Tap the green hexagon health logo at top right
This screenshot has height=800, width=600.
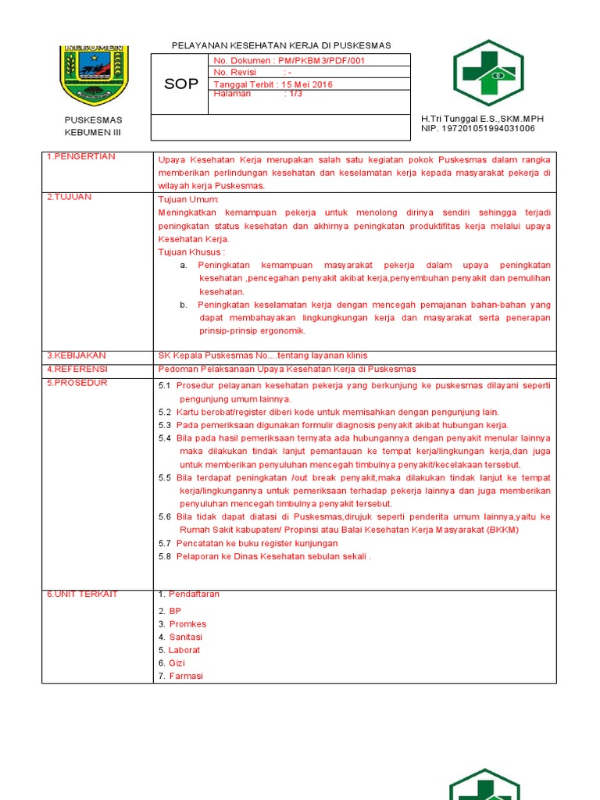pyautogui.click(x=488, y=73)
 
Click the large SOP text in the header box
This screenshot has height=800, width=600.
pyautogui.click(x=181, y=84)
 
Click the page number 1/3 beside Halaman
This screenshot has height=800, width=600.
pyautogui.click(x=296, y=94)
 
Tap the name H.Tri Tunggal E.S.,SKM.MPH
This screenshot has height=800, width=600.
pyautogui.click(x=482, y=119)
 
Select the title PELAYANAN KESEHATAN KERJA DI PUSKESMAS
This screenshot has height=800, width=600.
pyautogui.click(x=281, y=45)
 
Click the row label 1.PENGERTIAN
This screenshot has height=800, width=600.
pyautogui.click(x=80, y=157)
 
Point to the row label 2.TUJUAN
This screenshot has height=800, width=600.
pyautogui.click(x=70, y=197)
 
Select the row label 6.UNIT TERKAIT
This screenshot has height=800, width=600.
pyautogui.click(x=82, y=595)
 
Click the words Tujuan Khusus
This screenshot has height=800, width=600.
pyautogui.click(x=191, y=252)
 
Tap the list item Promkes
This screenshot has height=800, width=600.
pyautogui.click(x=187, y=624)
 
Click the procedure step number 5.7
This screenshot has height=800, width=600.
pyautogui.click(x=164, y=543)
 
